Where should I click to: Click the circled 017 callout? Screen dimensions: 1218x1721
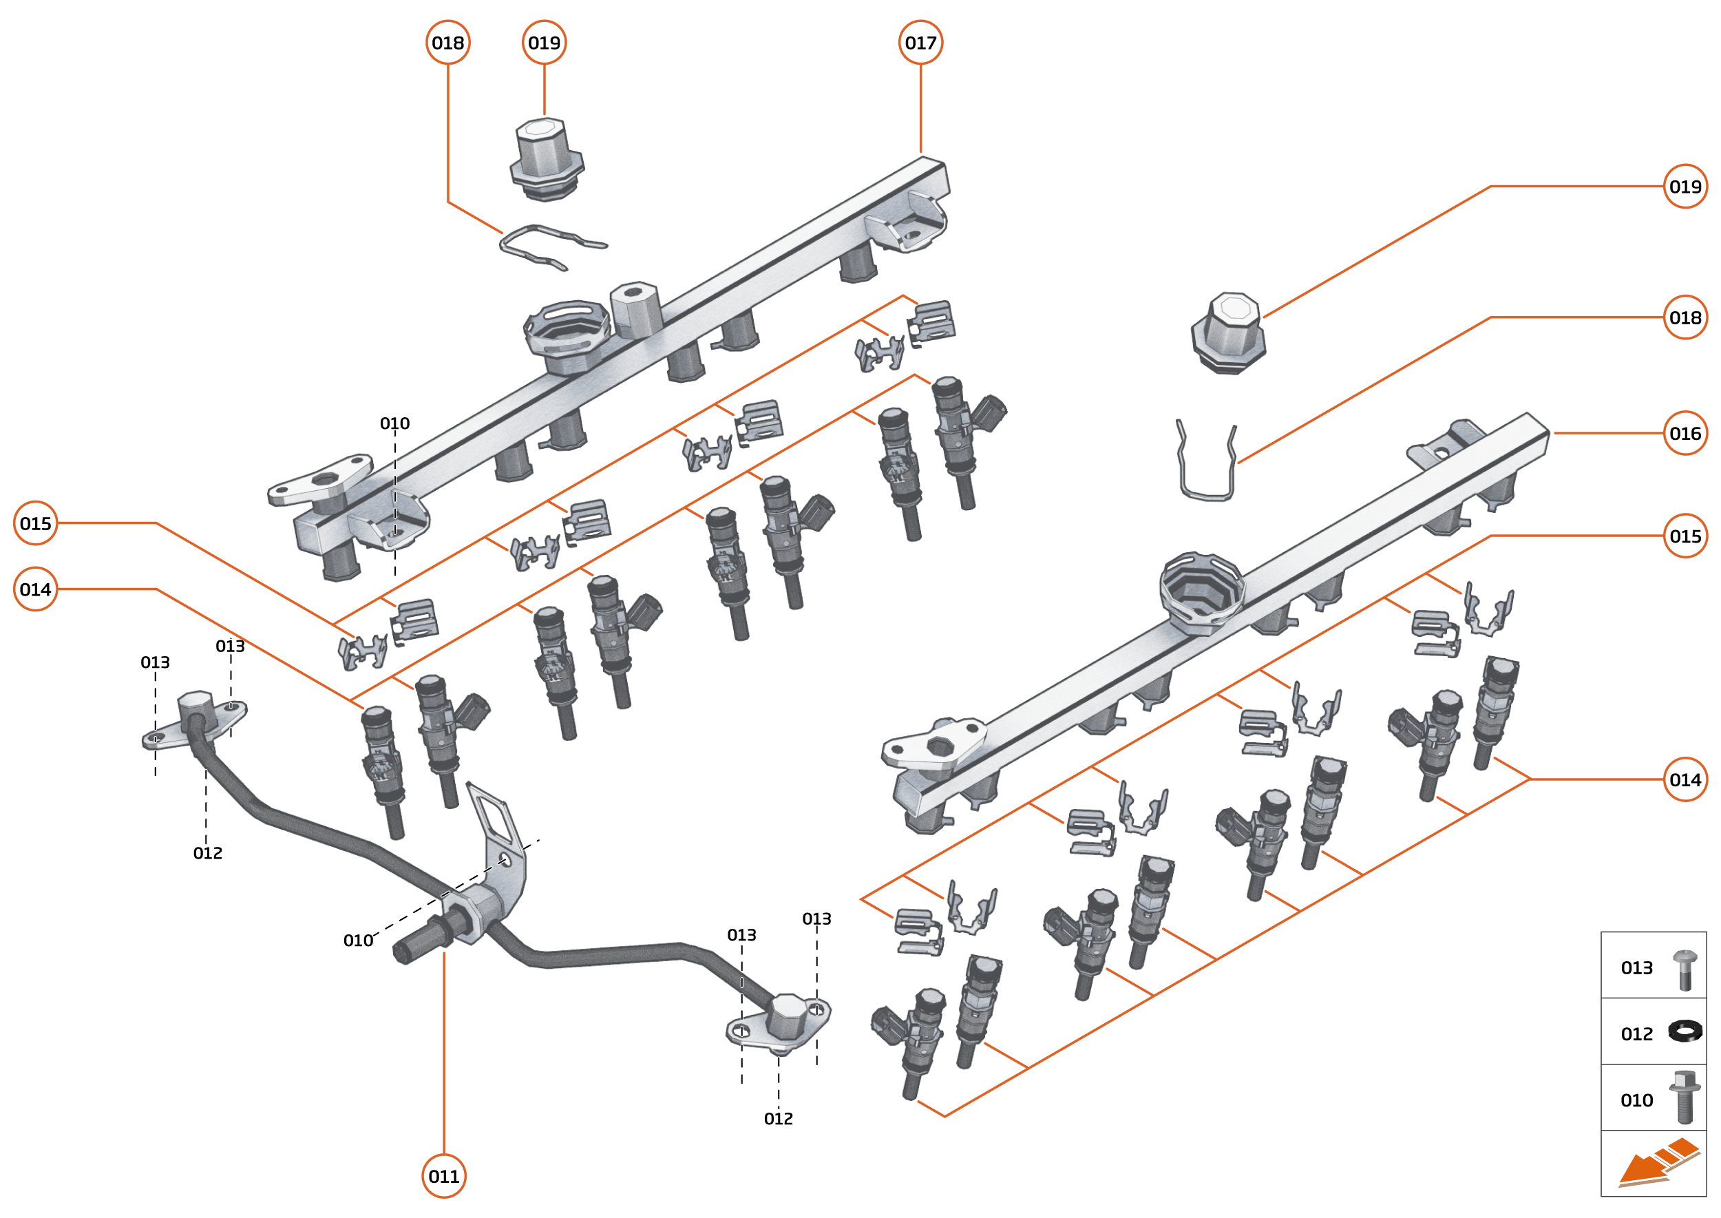pos(920,43)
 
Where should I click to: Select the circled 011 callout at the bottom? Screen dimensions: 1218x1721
pos(444,1176)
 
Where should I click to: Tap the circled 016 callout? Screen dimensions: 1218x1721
pos(1685,434)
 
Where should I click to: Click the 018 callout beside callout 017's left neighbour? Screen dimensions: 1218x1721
pos(447,43)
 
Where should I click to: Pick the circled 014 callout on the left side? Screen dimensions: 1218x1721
pos(35,589)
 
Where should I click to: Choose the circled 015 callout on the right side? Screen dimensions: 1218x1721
pos(1685,536)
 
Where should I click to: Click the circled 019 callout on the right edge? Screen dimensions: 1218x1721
pos(1685,186)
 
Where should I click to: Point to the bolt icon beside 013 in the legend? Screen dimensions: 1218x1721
pos(1685,969)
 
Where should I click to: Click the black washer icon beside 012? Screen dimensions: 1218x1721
pos(1685,1031)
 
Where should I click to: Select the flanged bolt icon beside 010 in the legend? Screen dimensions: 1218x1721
pos(1685,1098)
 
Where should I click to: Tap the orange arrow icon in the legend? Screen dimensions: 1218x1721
pos(1657,1163)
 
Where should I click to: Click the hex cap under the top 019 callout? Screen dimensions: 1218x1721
pos(547,159)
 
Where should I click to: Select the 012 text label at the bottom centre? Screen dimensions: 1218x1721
pos(779,1119)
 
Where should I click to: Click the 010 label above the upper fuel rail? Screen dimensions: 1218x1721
pos(394,423)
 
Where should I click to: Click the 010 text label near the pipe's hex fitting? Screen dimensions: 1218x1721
pos(358,941)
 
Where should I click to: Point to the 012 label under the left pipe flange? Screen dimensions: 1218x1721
pos(208,854)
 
